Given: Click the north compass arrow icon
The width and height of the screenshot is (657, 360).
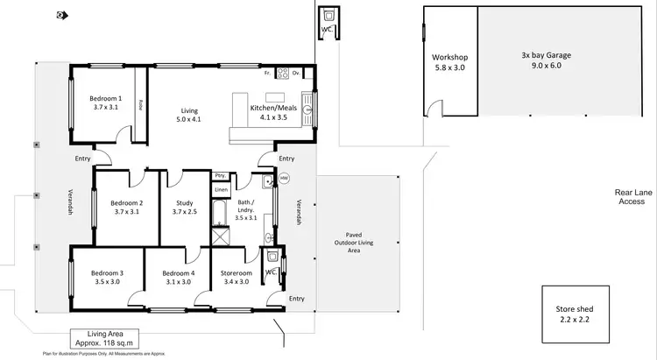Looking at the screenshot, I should [60, 15].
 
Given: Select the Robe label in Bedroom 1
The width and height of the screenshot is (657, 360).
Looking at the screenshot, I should [140, 104].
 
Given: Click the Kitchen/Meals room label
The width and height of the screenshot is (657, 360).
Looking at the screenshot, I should [274, 112].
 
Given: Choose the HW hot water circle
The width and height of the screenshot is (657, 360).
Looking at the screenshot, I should [283, 178].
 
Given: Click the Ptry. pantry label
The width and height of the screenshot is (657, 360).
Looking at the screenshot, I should [222, 176].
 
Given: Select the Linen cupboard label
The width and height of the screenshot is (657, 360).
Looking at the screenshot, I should [222, 189].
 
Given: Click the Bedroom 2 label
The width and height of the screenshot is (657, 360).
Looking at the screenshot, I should [127, 207].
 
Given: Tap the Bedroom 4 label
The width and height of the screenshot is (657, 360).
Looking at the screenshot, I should [178, 277].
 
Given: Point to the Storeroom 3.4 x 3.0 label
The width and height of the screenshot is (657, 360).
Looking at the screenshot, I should [237, 277].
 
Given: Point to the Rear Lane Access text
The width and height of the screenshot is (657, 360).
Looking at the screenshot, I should [631, 196].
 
